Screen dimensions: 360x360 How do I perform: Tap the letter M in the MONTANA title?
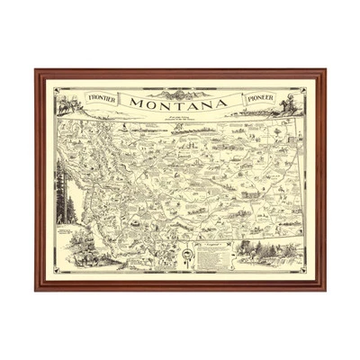(136, 103)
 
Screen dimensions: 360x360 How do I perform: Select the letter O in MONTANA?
(150, 103)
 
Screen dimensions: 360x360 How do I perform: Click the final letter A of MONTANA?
(221, 103)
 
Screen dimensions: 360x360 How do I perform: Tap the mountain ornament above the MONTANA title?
(180, 90)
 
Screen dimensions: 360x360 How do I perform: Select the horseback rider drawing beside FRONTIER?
(67, 101)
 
